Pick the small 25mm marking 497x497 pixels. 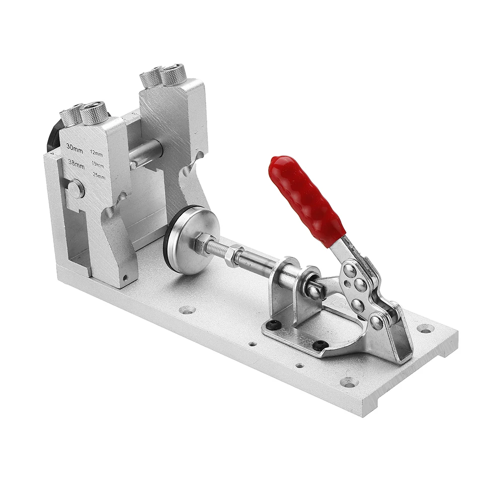coord(99,176)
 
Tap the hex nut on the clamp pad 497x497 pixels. coord(203,241)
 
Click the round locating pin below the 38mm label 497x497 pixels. coord(76,188)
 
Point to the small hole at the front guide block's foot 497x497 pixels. coord(125,277)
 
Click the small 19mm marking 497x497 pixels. coord(98,165)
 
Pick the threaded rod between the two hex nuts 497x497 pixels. coord(219,249)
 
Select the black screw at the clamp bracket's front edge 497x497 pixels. coord(321,344)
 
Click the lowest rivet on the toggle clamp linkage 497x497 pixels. coord(376,322)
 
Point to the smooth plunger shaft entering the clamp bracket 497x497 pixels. coord(258,263)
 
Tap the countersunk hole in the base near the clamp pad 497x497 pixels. coord(187,310)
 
